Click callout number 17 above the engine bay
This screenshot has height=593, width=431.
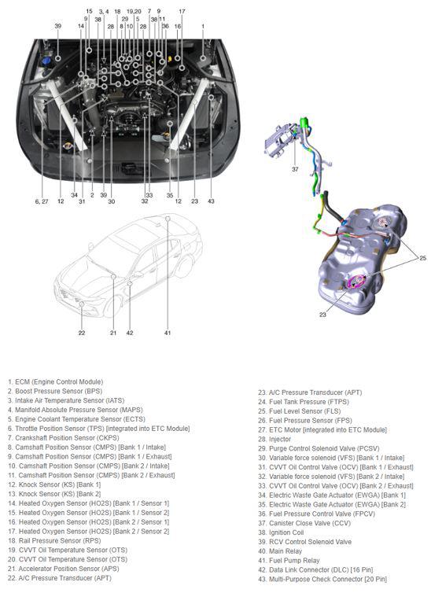click(182, 11)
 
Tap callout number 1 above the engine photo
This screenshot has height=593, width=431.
click(203, 26)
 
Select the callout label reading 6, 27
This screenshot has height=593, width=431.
click(42, 201)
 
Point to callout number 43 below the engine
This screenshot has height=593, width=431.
click(211, 201)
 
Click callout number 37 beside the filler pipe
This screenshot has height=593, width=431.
click(295, 169)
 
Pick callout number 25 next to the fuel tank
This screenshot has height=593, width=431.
click(422, 258)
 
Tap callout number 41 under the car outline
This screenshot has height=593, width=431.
click(168, 333)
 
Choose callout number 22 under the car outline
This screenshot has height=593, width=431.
click(82, 333)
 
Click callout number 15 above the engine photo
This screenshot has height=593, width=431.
click(89, 11)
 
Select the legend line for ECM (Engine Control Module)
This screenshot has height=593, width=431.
click(55, 382)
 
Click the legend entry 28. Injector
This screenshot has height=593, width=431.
click(274, 439)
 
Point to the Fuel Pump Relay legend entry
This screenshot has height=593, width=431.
click(289, 561)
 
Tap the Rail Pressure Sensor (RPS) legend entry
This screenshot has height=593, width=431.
click(54, 541)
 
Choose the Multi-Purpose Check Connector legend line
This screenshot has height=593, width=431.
click(322, 579)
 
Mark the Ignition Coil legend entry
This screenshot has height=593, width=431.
click(281, 532)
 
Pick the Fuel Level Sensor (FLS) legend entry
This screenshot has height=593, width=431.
click(300, 411)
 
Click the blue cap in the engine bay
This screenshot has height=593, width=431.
click(46, 61)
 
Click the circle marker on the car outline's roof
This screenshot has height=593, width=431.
click(168, 218)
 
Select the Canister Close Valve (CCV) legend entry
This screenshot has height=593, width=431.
click(304, 524)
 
